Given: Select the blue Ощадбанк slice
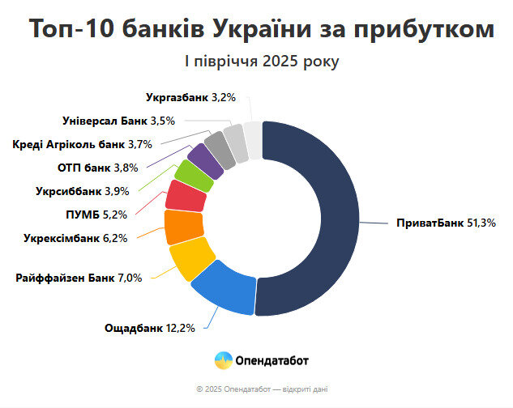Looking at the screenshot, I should [224, 291].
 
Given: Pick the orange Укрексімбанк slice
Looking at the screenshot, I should [183, 227].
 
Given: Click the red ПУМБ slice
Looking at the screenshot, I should [184, 197].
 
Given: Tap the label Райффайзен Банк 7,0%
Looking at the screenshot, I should [79, 278].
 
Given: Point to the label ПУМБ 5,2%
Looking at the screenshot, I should [96, 215].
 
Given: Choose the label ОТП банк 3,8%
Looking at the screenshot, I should [98, 168].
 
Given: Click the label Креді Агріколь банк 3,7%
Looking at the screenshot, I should [71, 145].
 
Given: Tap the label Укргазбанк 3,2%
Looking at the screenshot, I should [190, 98].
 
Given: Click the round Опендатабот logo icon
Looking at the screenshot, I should [223, 359].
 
